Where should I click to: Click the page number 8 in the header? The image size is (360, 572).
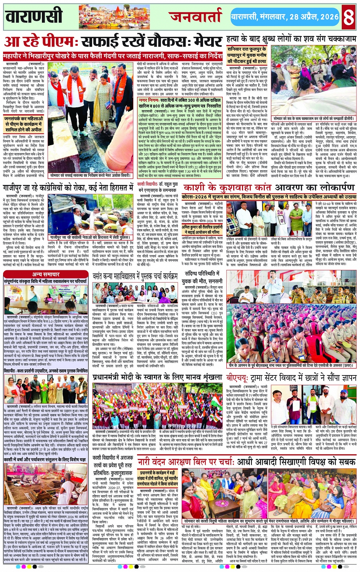tap(348, 17)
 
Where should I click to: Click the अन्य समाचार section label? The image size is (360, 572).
tap(46, 274)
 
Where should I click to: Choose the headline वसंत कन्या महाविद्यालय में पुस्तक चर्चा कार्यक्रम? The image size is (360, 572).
tap(135, 276)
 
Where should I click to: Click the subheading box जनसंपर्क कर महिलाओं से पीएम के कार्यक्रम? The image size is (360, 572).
tap(24, 124)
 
